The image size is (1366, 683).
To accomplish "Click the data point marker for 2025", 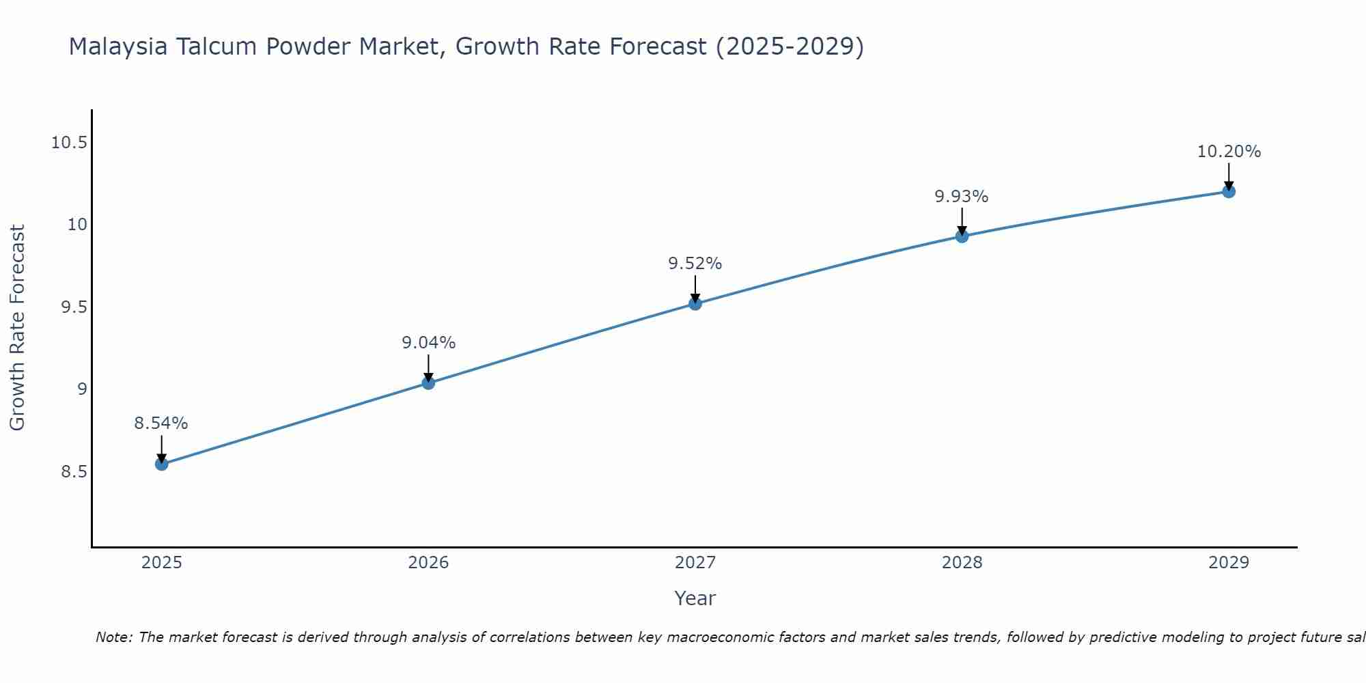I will coord(161,464).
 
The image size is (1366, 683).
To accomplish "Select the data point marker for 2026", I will coord(428,382).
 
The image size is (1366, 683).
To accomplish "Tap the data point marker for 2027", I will coord(695,303).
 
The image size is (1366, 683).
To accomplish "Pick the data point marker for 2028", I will coord(962,236).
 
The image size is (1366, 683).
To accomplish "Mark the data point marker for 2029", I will coord(1229,191).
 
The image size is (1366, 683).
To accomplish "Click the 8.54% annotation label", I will coord(161,423).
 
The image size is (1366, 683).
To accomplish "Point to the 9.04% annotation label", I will coord(428,343).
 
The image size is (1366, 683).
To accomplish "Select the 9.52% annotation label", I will coord(695,264).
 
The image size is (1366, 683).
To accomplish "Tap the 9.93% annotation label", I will coord(962,197).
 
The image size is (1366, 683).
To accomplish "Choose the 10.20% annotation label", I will coord(1229,152).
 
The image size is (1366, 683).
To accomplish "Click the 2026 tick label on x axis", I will coord(428,563).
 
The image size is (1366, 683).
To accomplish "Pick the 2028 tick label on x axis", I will coord(962,563).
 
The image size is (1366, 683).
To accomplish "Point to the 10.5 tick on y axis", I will coord(70,143).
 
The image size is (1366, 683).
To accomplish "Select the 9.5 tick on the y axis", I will coord(74,307).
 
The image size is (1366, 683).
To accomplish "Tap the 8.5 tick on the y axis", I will coord(74,472).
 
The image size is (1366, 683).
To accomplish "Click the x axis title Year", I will coord(695,598).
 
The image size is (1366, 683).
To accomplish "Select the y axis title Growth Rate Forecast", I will coord(18,328).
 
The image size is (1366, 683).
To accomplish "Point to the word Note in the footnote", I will coord(113,637).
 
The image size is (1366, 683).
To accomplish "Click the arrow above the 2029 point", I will coord(1229,176).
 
